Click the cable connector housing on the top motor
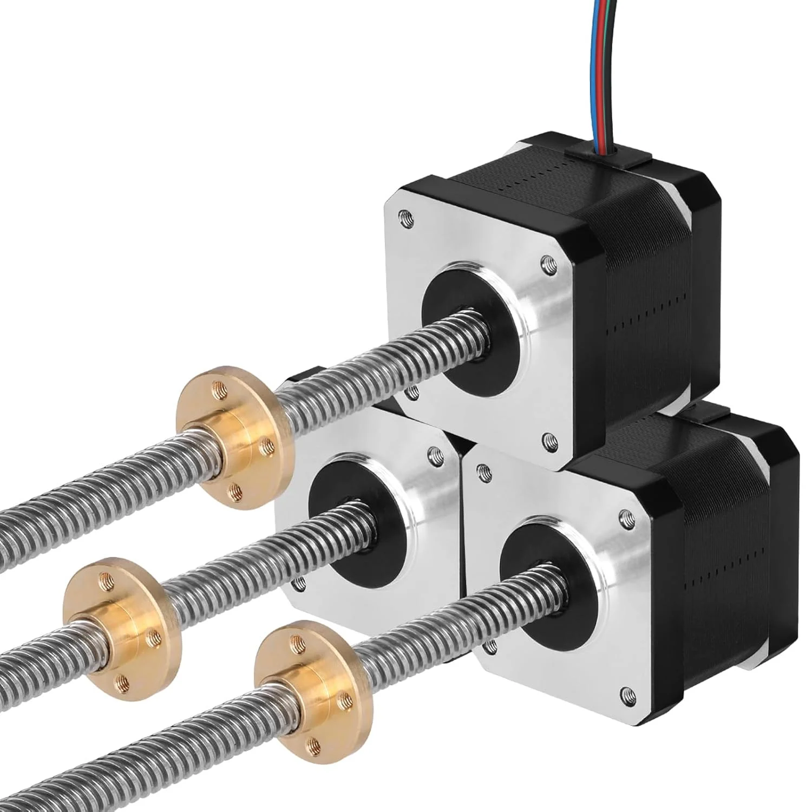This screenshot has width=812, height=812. pos(606,160)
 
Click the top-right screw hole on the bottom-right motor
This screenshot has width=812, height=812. pos(627,516)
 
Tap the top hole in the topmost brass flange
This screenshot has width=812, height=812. pos(219,387)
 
